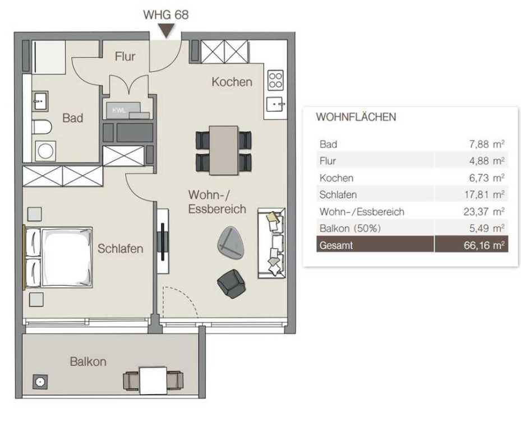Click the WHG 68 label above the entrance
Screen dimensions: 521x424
(166, 15)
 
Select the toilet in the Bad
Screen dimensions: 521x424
(42, 127)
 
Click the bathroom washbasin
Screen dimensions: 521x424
(40, 101)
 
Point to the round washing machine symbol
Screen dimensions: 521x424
(45, 151)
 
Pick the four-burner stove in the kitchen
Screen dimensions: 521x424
(275, 80)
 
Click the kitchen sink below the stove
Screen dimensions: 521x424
(276, 104)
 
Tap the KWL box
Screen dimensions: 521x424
(123, 110)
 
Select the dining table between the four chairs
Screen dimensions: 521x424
(224, 150)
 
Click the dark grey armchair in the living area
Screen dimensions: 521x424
(231, 283)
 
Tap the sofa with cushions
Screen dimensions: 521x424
(271, 243)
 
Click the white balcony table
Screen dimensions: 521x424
(153, 380)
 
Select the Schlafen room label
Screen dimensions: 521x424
(120, 249)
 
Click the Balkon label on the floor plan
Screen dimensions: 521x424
(88, 361)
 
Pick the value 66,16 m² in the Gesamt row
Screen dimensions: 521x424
(484, 245)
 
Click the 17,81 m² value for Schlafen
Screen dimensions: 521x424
(485, 194)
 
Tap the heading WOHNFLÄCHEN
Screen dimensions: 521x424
(356, 117)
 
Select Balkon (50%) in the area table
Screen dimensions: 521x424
(350, 229)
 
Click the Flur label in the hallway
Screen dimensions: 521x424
(125, 57)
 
